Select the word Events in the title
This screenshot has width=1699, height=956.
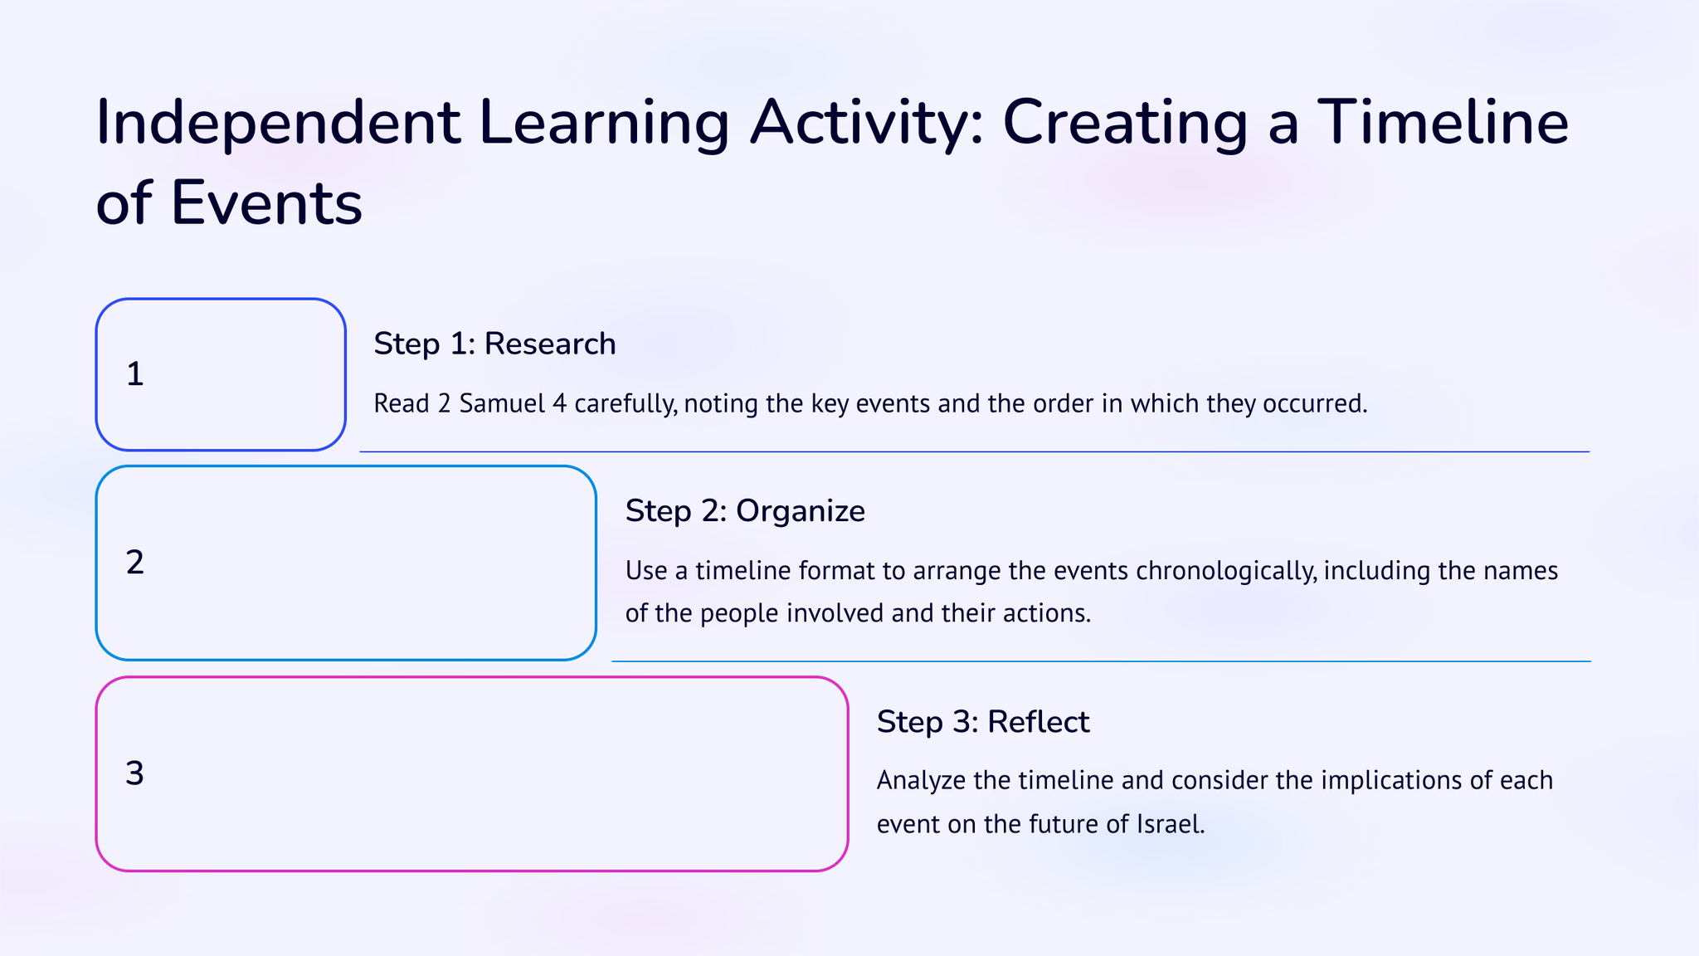coord(266,203)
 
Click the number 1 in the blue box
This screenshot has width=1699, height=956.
coord(134,374)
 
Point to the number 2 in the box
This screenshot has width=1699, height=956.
coord(135,563)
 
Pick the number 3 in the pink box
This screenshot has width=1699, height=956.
coord(134,773)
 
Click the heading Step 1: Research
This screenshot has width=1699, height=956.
coord(494,344)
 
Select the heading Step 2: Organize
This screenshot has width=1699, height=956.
coord(745,511)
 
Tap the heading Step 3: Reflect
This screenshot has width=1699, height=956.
coord(983,722)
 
